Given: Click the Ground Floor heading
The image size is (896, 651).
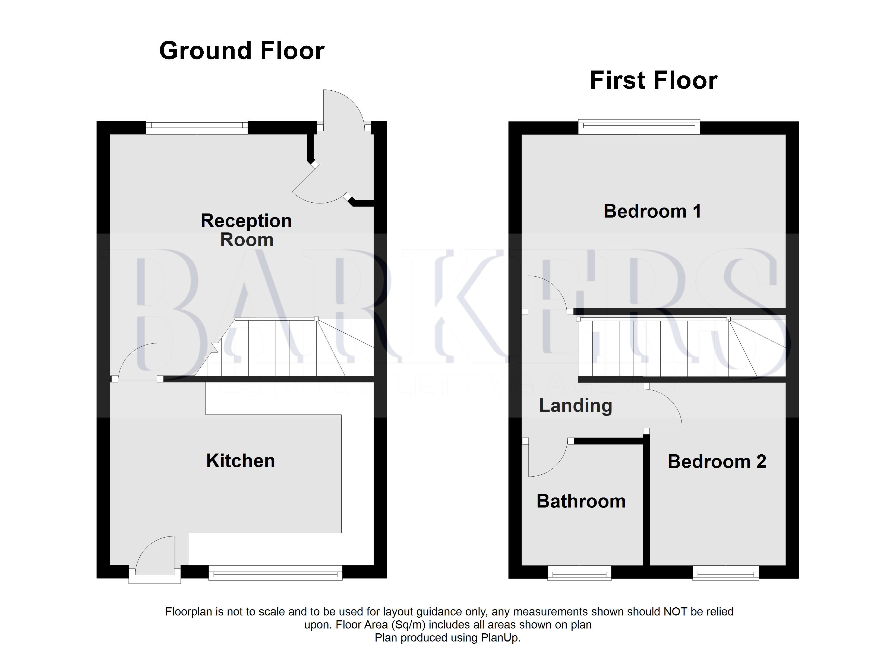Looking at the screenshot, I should pyautogui.click(x=242, y=51).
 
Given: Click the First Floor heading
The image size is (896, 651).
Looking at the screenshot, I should pyautogui.click(x=654, y=81).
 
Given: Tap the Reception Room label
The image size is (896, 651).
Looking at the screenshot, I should pyautogui.click(x=246, y=230).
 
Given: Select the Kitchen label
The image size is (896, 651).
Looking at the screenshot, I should pyautogui.click(x=240, y=461).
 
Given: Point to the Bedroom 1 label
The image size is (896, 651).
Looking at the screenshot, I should pyautogui.click(x=652, y=211).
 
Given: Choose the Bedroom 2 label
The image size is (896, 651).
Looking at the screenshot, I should pyautogui.click(x=717, y=461).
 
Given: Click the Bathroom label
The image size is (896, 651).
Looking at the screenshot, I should pyautogui.click(x=581, y=501).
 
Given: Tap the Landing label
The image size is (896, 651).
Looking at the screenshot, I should pyautogui.click(x=576, y=406).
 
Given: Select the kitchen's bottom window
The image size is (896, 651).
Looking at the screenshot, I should pyautogui.click(x=275, y=573).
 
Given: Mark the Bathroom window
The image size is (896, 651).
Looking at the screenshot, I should pyautogui.click(x=579, y=573).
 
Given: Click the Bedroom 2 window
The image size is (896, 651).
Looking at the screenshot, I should pyautogui.click(x=725, y=573).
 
